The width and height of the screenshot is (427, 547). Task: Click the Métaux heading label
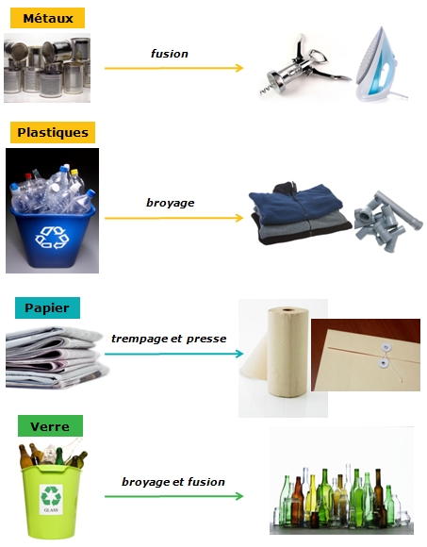point(47,18)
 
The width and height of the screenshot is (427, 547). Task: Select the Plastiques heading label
point(53,132)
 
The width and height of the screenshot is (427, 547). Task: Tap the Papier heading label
point(47,307)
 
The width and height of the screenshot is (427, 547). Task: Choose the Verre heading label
point(50,426)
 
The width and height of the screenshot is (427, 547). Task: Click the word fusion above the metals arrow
point(170,54)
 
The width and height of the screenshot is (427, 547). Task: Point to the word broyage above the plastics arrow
point(170,203)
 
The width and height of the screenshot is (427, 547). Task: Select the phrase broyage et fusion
point(173,482)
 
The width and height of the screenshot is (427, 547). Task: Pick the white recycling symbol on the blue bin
point(52,237)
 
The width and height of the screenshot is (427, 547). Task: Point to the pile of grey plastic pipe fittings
point(386,221)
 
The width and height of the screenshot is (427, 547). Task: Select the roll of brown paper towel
point(287,353)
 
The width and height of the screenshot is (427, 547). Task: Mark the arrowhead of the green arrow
point(239,496)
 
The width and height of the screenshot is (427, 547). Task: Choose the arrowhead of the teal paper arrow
point(239,354)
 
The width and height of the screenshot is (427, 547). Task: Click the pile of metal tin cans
point(47,68)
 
